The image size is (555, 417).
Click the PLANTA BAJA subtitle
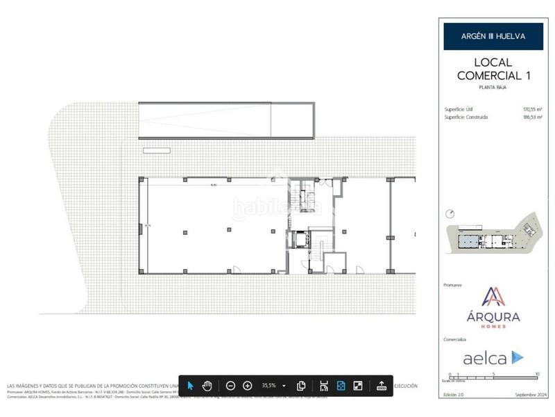click(493, 88)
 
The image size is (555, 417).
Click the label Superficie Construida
click(466, 117)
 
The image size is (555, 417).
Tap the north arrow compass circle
click(450, 213)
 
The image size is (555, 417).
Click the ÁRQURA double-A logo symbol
click(493, 297)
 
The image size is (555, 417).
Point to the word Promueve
click(452, 285)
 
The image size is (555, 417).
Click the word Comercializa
click(455, 340)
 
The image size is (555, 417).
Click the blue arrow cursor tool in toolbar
click(191, 385)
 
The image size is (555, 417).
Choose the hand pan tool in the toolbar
click(207, 385)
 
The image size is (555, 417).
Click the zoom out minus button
click(231, 385)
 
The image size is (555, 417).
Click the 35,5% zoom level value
click(268, 385)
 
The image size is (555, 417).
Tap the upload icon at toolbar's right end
click(381, 385)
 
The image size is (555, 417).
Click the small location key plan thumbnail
click(493, 240)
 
